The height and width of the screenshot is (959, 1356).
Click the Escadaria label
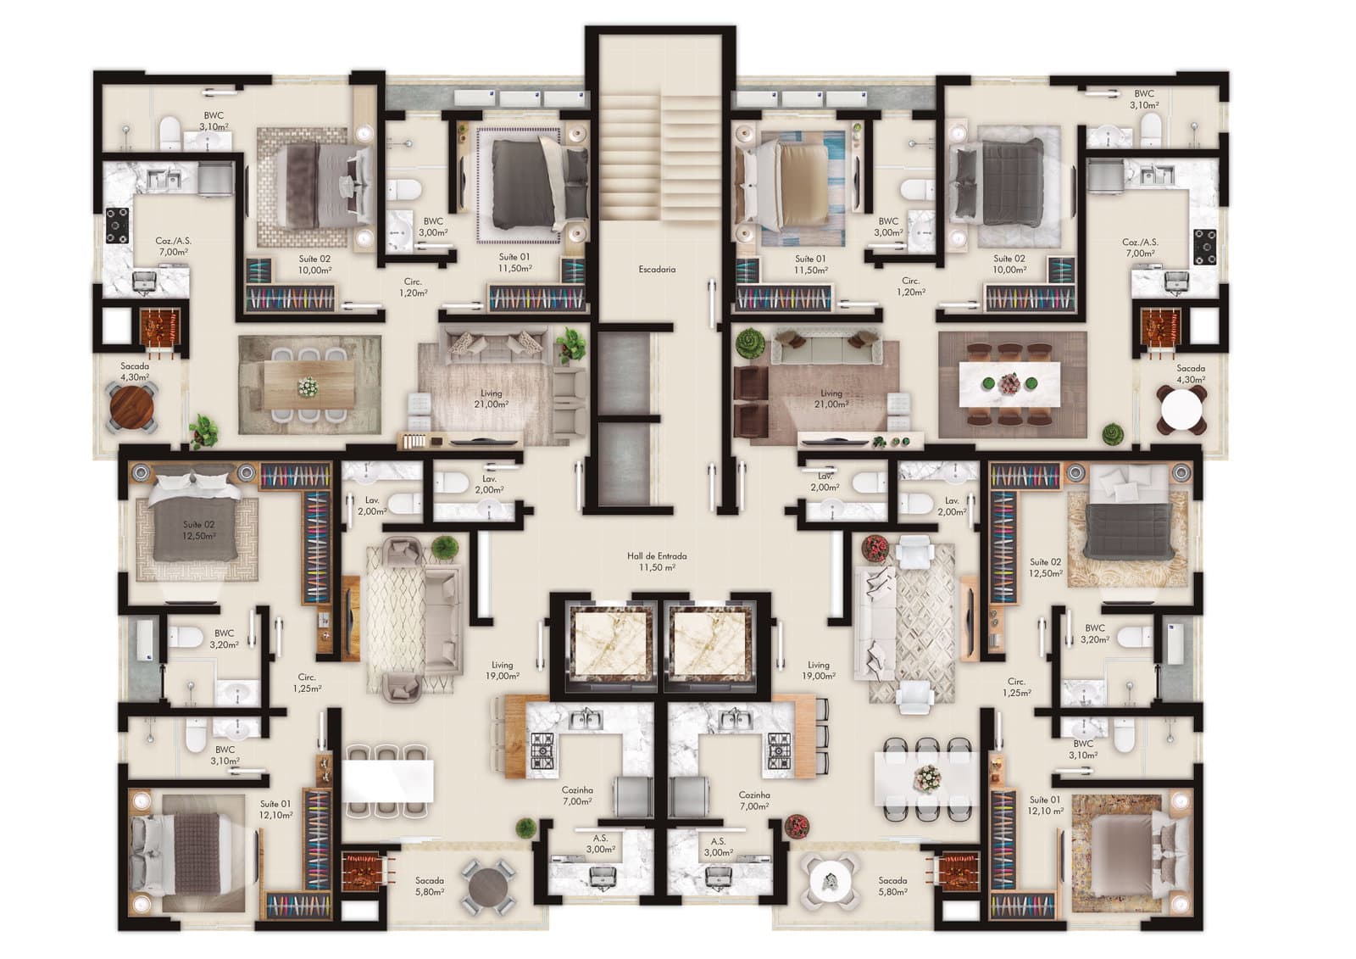[x=657, y=269]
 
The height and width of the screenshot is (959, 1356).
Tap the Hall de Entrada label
[x=657, y=555]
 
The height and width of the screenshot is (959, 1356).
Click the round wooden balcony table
[x=132, y=406]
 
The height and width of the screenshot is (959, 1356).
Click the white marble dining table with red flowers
[x=1012, y=384]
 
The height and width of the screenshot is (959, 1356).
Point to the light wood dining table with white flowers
[x=308, y=385]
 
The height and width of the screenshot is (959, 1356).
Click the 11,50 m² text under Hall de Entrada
[x=657, y=567]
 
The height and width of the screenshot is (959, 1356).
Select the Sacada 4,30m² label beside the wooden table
[x=135, y=371]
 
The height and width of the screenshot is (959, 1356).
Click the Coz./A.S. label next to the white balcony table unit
[x=1141, y=248]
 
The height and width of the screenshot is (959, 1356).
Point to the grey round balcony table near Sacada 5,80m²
[x=488, y=888]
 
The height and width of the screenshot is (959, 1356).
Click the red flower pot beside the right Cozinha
[x=797, y=827]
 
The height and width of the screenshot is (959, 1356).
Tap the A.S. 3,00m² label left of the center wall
[x=600, y=844]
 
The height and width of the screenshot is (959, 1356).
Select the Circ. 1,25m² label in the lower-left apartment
[x=306, y=683]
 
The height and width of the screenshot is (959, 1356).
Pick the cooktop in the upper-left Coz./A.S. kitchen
[x=117, y=226]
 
